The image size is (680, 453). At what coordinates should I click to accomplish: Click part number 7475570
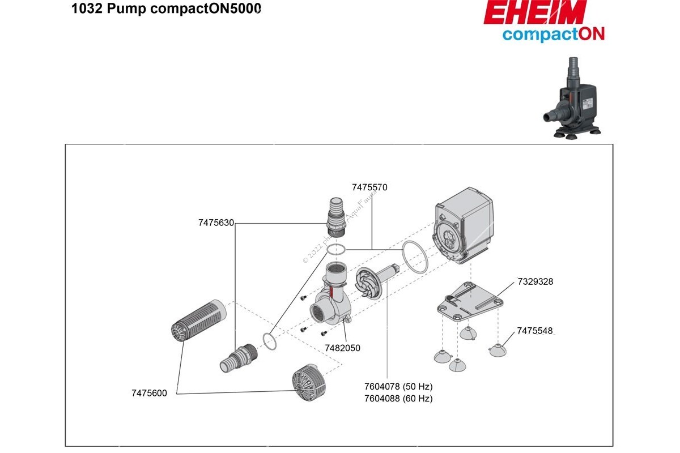coord(369,187)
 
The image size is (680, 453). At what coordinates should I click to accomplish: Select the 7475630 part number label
coord(216,223)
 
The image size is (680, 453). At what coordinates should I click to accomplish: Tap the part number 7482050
coord(342,348)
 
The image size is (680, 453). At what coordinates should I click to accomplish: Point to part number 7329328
coord(535,281)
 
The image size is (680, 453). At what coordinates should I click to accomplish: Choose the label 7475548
coord(534,331)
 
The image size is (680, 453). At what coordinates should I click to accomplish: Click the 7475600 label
coord(149,394)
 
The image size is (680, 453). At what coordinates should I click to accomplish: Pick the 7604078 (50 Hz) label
coord(398,387)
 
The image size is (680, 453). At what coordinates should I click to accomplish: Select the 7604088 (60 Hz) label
coord(398,399)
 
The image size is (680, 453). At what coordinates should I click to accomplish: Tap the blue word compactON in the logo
coord(553,34)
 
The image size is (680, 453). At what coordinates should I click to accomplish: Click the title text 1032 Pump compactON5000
coord(166,10)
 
